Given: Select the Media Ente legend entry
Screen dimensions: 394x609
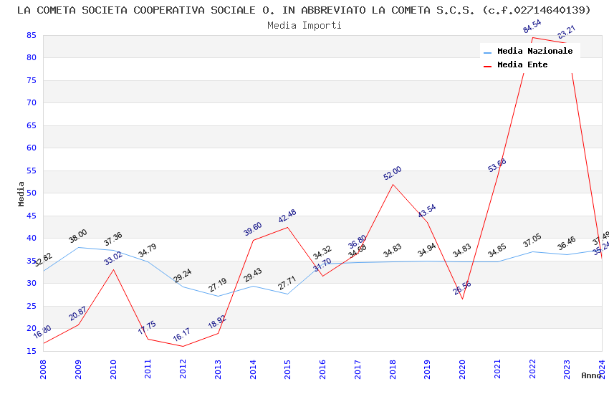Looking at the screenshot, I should coord(522,65).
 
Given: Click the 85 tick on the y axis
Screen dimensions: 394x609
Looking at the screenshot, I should coord(31,35).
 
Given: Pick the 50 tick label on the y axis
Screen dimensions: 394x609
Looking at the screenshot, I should coord(31,193).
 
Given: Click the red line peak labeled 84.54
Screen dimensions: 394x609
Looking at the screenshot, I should coord(532,37).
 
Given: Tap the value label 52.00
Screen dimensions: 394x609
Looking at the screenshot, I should coord(392,173).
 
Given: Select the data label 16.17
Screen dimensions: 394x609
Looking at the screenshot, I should coord(183,335).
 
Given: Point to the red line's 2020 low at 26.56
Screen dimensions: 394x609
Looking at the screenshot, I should coord(462,299).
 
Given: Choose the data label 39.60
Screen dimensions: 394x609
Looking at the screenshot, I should coord(253,229).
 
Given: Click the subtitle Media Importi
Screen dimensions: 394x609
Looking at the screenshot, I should coord(304,25).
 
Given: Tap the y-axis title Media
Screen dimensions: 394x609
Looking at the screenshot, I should coord(21,193).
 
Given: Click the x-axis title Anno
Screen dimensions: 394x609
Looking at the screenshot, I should coord(591,375).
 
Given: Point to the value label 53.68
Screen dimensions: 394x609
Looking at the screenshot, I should coord(497,165).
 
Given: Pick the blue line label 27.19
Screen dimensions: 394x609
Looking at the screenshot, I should coord(218,286).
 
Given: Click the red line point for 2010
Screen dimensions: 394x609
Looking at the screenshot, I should coord(113,269).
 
